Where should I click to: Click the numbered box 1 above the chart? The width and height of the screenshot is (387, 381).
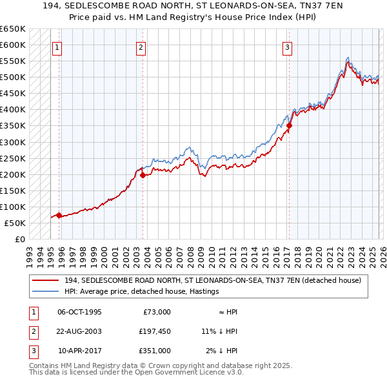tap(57, 46)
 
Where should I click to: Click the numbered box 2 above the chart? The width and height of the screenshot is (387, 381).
tap(141, 46)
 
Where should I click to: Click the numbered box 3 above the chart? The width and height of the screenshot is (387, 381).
tap(286, 46)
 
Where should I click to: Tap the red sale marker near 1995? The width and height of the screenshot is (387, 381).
tap(59, 216)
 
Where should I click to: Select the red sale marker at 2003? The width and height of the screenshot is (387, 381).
tap(143, 175)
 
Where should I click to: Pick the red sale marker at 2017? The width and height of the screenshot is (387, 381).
tap(290, 126)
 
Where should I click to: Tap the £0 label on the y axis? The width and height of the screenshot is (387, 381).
tap(19, 240)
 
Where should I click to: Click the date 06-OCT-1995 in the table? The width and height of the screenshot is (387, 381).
tap(79, 312)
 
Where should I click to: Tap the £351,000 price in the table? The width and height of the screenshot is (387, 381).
tap(155, 351)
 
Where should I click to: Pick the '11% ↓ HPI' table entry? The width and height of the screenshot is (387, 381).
tap(219, 331)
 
